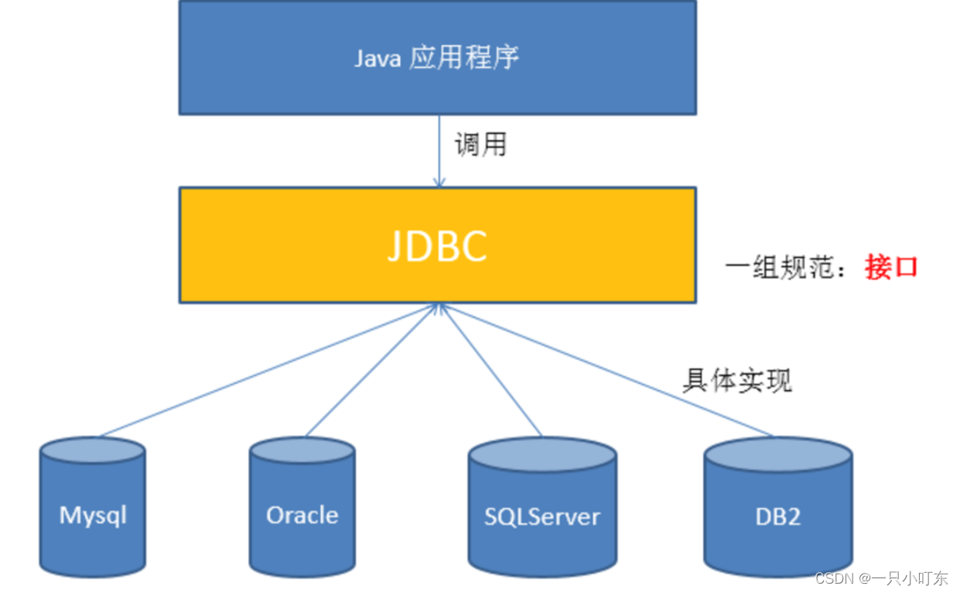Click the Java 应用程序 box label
(x=436, y=58)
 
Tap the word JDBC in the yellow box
(x=437, y=245)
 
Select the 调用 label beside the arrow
(x=480, y=145)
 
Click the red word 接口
(x=891, y=267)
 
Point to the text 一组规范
(x=781, y=268)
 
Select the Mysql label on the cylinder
(x=93, y=516)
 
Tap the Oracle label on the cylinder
(x=302, y=516)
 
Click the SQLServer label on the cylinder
(x=541, y=517)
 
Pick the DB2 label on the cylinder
(x=777, y=517)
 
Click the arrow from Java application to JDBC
(x=439, y=151)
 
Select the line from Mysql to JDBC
(x=267, y=370)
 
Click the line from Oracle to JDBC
(x=371, y=370)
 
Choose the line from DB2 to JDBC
(x=607, y=370)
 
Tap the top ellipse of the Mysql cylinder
(x=92, y=451)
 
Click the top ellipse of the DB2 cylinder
(x=777, y=453)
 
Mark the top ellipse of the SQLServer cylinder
(x=542, y=454)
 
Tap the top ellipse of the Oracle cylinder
(x=302, y=451)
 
